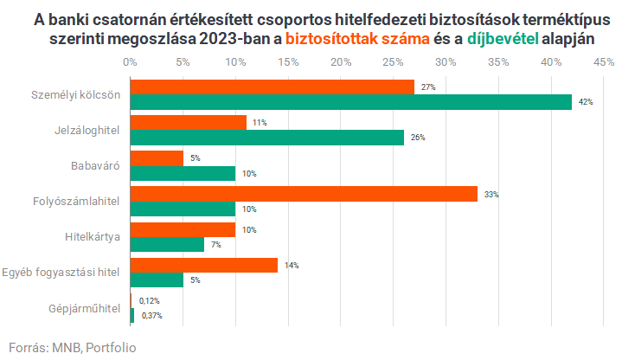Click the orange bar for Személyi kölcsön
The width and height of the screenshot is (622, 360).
pos(273,87)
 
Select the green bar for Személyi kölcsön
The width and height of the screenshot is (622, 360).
pos(351,102)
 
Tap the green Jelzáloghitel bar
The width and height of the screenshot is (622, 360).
pos(267,138)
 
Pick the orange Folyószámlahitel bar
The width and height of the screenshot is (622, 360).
pos(304,194)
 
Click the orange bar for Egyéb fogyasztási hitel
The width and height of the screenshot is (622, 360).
pos(204,266)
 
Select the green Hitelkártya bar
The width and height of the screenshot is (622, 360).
pos(167,245)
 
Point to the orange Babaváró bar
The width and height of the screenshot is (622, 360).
pos(157,158)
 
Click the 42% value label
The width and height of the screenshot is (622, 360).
pos(586,102)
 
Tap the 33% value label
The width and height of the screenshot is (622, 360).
pos(491,195)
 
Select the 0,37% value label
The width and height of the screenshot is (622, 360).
pos(151,316)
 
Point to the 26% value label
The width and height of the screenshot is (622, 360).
pos(418,138)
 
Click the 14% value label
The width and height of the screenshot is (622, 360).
pos(292,266)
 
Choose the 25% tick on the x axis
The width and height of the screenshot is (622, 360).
pos(393,61)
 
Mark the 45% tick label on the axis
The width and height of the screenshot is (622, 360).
pos(604,61)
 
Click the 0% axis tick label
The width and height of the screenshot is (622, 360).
pos(130,61)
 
